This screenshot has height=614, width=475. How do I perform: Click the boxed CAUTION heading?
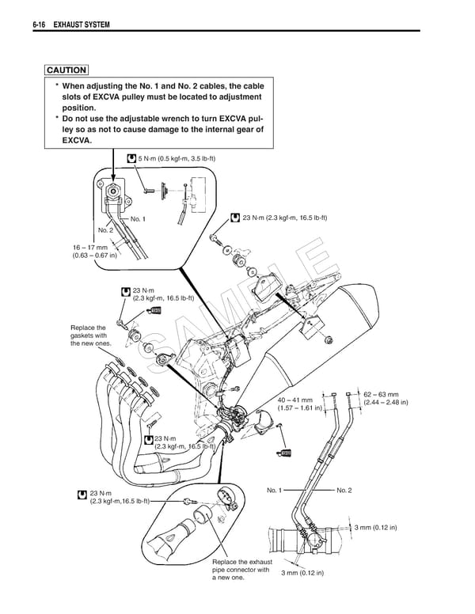[x=66, y=70]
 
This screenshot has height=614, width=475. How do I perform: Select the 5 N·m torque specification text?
[x=176, y=159]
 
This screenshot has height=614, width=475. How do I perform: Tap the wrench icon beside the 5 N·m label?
[x=131, y=159]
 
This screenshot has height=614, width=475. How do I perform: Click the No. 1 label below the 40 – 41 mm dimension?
[x=275, y=491]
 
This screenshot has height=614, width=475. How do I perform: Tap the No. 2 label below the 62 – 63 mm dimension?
[x=344, y=491]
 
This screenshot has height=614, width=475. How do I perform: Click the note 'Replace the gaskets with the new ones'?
[x=88, y=335]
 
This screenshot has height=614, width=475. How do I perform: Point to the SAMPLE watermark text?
[x=237, y=316]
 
